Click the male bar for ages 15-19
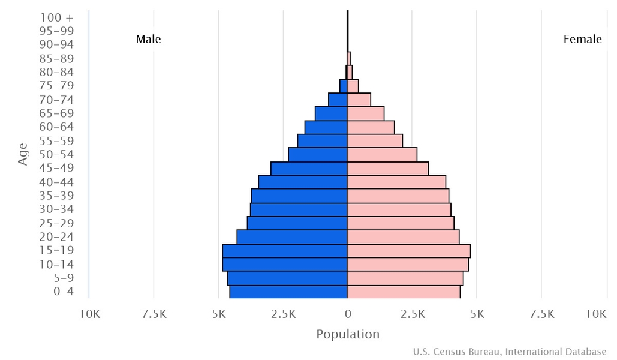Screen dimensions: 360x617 coord(285,251)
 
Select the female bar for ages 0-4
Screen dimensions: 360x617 coord(404,292)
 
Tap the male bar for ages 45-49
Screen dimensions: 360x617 coord(309,168)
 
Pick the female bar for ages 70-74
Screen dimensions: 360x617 coord(359,100)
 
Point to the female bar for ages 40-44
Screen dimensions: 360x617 coord(396,182)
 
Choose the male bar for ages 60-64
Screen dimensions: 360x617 coord(326,127)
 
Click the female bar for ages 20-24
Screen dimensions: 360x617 coord(403,237)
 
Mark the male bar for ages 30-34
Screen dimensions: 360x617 coord(299,209)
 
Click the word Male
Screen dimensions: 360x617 coord(148,40)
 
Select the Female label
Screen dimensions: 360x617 coord(582,40)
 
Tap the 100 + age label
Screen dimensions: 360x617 coord(61,17)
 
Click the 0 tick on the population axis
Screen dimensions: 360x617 coord(348,314)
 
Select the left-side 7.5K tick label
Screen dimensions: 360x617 coord(154,314)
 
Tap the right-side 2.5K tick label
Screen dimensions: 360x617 coord(413,314)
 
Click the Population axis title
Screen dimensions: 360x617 coord(348,334)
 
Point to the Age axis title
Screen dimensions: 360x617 coord(23,154)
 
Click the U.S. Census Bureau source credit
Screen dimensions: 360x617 coord(510,352)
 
